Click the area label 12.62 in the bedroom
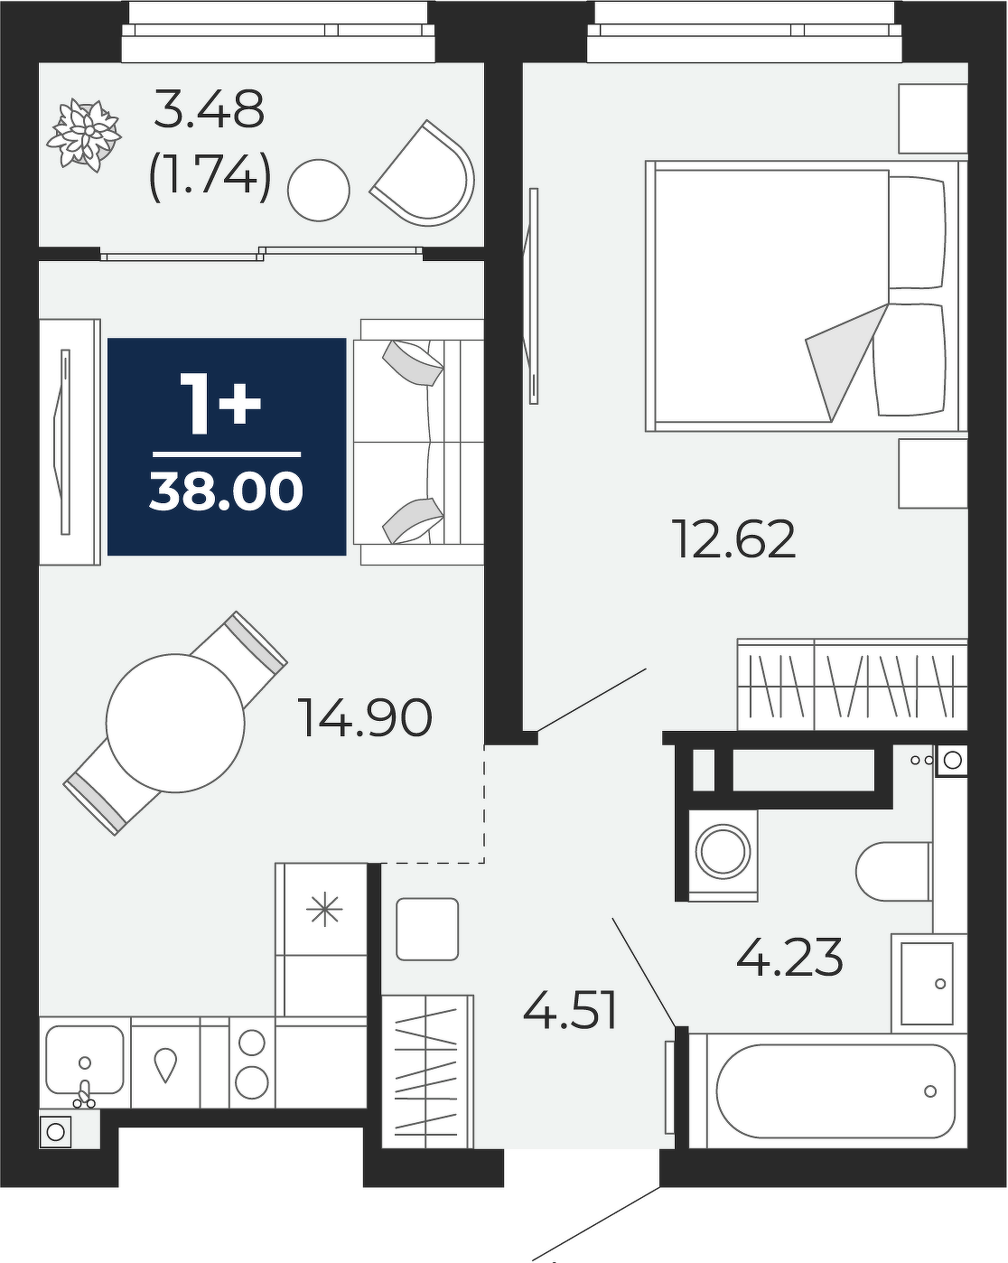736,539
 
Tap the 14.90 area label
366,717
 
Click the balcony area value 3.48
209,109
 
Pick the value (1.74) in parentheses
211,177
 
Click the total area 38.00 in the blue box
227,491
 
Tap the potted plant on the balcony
84,135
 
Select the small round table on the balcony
319,190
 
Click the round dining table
175,723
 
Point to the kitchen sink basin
85,1060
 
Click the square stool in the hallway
427,929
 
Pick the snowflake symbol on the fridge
324,911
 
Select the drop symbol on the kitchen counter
165,1065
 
